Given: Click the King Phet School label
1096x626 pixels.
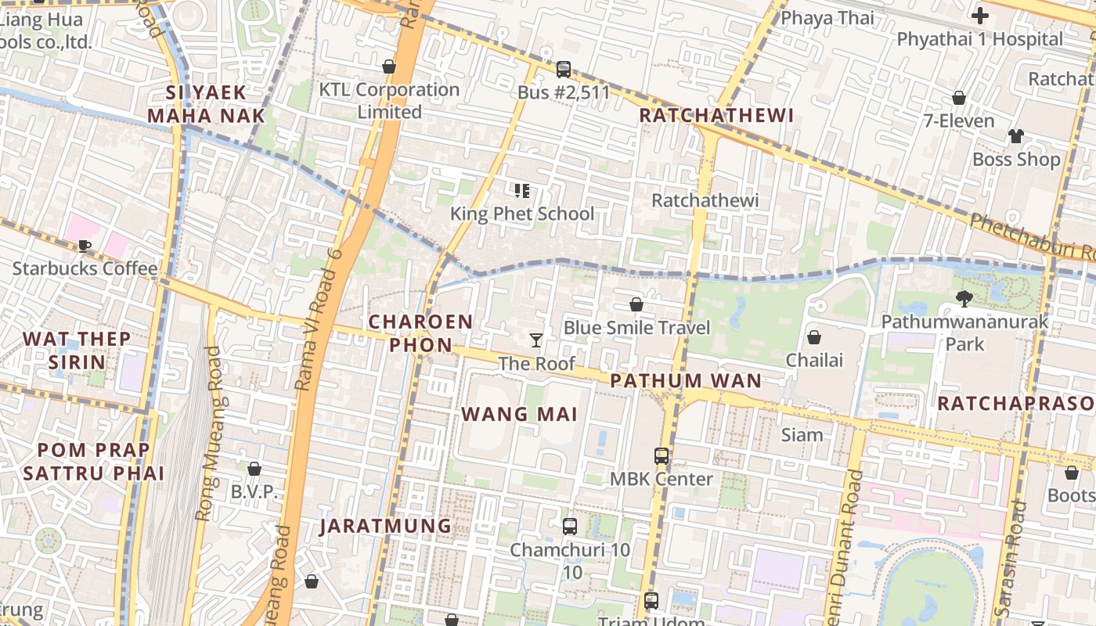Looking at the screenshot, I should tap(522, 214).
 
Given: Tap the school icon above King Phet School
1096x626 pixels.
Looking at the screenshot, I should tap(522, 190).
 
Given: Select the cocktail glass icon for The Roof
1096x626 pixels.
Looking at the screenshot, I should tap(536, 340).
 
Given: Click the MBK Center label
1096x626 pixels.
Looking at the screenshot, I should tap(662, 479).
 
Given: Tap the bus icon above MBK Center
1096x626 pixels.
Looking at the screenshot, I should tap(662, 455).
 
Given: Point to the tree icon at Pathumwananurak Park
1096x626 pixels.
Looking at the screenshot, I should tap(964, 298).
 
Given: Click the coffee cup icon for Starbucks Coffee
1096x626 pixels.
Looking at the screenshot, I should tap(85, 246).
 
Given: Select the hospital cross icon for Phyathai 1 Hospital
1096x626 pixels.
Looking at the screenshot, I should tap(979, 15).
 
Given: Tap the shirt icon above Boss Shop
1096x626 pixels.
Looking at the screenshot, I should tap(1016, 136).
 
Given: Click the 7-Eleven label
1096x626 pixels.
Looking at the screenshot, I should tap(959, 121).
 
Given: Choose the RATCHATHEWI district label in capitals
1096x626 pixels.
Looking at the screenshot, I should tap(716, 116).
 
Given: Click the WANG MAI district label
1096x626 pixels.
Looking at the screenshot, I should tap(520, 414).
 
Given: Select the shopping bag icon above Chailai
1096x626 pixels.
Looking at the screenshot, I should tap(814, 337).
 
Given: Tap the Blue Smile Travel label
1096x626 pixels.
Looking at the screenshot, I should tap(636, 328).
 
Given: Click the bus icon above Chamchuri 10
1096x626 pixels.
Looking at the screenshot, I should tap(570, 527).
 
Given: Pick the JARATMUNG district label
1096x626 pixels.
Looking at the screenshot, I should tap(385, 526).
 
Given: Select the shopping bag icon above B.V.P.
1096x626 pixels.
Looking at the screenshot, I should tap(254, 469).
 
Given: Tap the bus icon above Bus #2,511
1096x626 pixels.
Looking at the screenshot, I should tap(564, 70).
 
